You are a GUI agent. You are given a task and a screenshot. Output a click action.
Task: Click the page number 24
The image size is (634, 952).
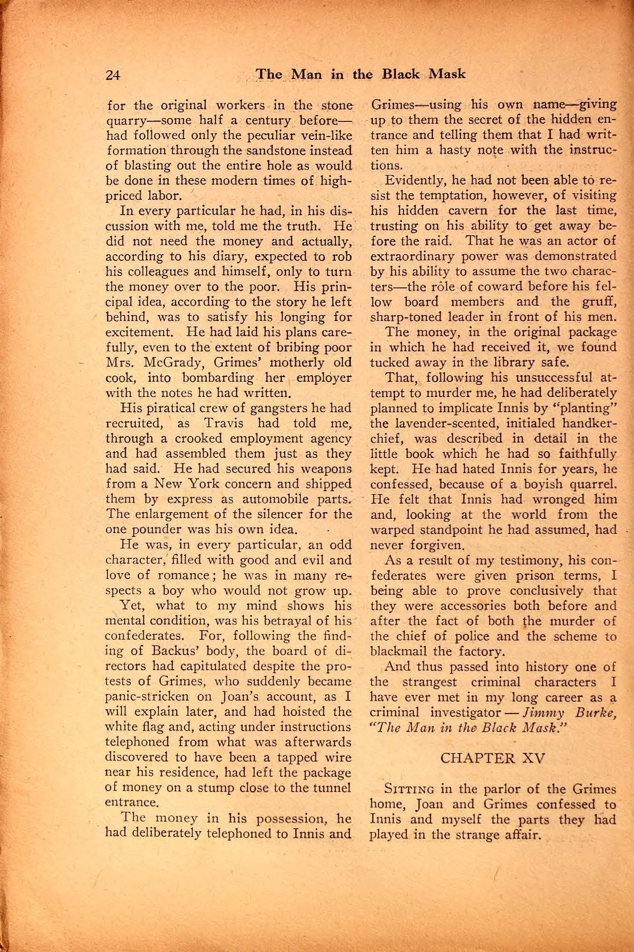click(x=114, y=75)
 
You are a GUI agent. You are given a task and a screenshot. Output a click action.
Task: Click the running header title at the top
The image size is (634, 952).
click(x=361, y=74)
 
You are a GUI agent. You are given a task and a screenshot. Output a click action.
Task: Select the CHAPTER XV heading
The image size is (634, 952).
click(x=493, y=757)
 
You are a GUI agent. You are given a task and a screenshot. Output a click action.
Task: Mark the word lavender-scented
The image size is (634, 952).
click(x=457, y=423)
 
